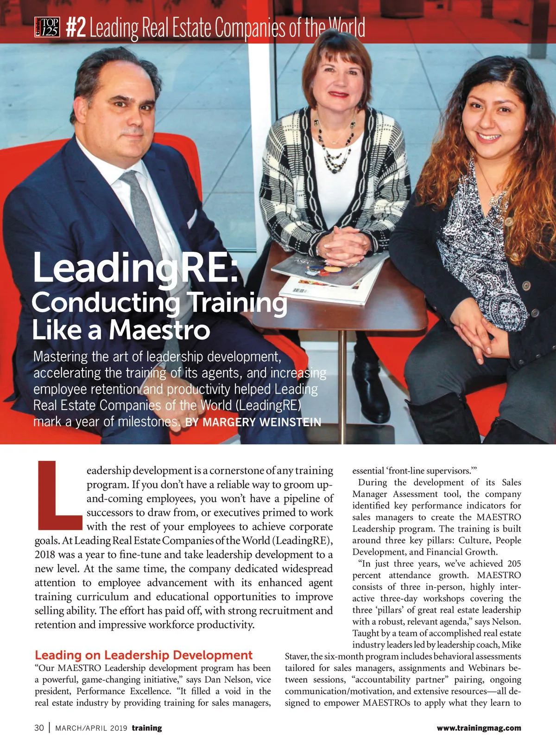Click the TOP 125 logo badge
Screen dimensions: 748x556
[47, 27]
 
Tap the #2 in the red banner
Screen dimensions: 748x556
[76, 28]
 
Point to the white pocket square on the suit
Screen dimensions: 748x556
[191, 218]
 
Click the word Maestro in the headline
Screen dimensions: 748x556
[159, 330]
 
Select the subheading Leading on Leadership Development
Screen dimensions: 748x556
[144, 655]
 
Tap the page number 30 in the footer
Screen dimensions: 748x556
[39, 728]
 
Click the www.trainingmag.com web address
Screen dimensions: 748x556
[479, 728]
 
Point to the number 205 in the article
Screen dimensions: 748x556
[514, 563]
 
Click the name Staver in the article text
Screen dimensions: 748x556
[297, 656]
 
